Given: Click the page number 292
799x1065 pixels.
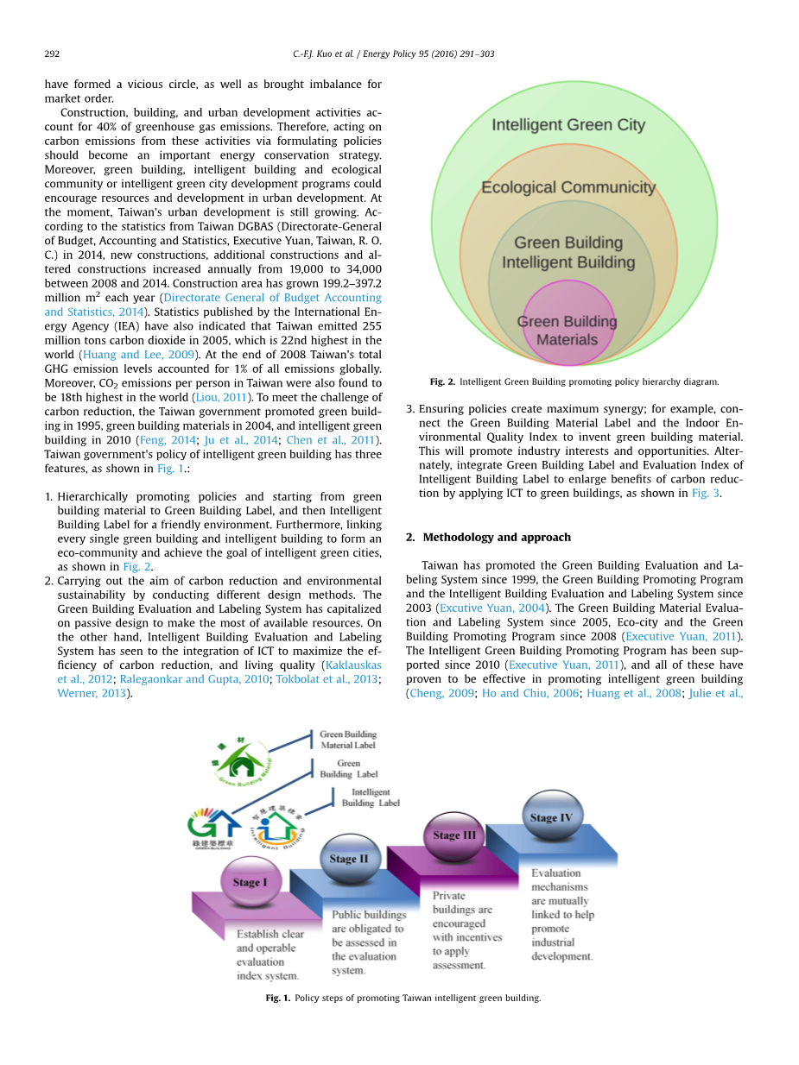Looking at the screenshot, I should (x=51, y=54).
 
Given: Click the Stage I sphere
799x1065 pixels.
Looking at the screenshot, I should (x=250, y=881).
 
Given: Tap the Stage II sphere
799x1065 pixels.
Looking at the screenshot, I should (x=348, y=858).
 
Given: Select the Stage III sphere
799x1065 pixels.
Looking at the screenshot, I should (x=453, y=835).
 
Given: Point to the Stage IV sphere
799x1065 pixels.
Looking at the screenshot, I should (x=551, y=816).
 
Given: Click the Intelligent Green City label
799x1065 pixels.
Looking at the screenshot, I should (x=568, y=125).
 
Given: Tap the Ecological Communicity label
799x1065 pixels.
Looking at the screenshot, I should (x=568, y=187).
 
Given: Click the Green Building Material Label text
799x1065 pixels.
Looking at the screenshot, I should (x=348, y=740).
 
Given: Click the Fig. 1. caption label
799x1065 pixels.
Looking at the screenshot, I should (x=278, y=998).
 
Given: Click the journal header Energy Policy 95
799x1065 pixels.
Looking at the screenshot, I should (x=428, y=54).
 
